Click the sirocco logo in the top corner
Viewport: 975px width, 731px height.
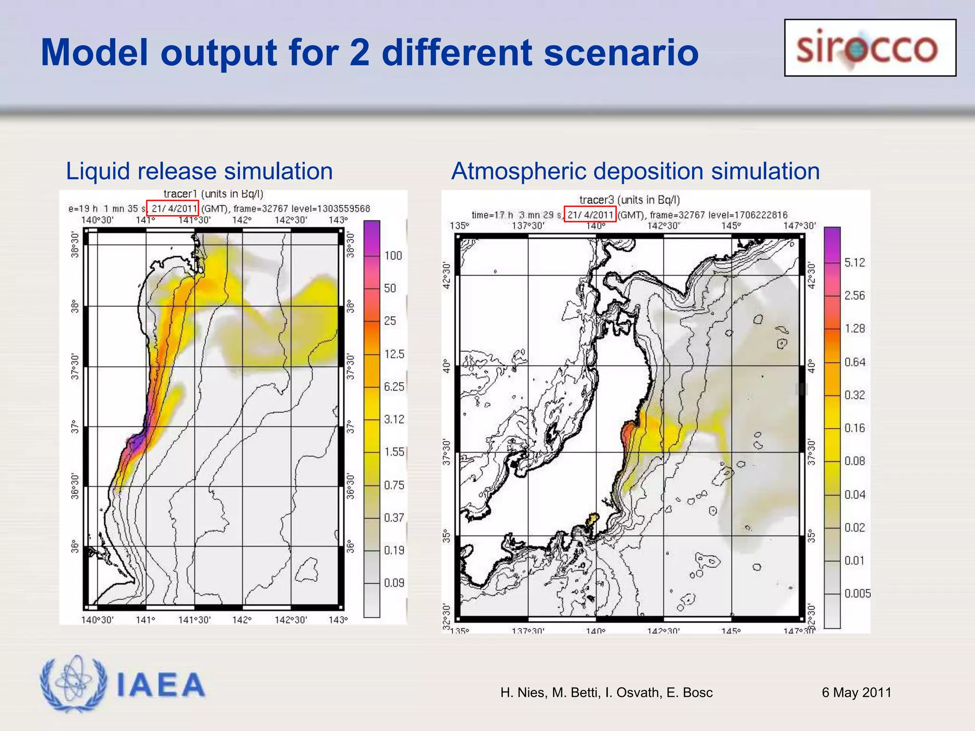pyautogui.click(x=870, y=48)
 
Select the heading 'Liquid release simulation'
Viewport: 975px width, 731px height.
pyautogui.click(x=199, y=171)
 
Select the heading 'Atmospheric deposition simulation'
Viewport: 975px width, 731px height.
pyautogui.click(x=635, y=171)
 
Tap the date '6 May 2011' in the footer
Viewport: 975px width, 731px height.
pyautogui.click(x=856, y=692)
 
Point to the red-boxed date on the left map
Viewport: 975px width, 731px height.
pyautogui.click(x=172, y=208)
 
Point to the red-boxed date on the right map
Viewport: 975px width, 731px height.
pyautogui.click(x=590, y=215)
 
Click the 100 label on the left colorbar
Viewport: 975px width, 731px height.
pyautogui.click(x=393, y=256)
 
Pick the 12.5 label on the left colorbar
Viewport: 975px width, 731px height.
pyautogui.click(x=394, y=354)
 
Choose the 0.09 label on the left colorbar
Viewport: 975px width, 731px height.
pyautogui.click(x=394, y=583)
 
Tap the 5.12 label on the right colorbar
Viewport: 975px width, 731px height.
pyautogui.click(x=855, y=262)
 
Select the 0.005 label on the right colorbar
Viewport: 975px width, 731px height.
pyautogui.click(x=857, y=593)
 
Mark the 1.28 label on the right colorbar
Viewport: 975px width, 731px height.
pyautogui.click(x=855, y=328)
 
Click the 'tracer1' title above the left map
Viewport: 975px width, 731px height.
pyautogui.click(x=180, y=194)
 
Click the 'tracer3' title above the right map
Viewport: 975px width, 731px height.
pyautogui.click(x=597, y=200)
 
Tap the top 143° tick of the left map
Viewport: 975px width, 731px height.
pyautogui.click(x=338, y=220)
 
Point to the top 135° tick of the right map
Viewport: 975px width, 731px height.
pyautogui.click(x=459, y=226)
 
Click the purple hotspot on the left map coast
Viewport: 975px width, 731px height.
pyautogui.click(x=138, y=441)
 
